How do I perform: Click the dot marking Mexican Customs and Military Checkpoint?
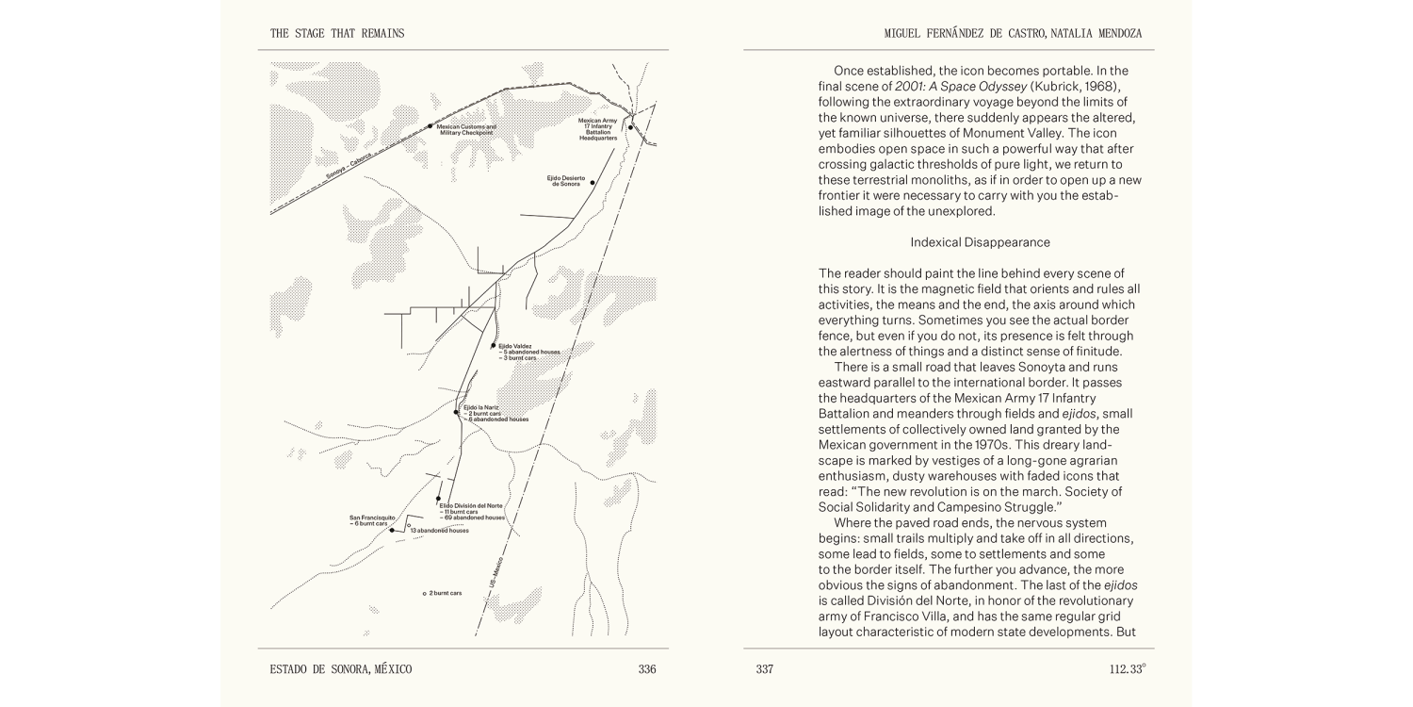click(430, 125)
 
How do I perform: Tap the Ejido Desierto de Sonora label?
click(566, 180)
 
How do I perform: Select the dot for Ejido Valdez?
click(494, 346)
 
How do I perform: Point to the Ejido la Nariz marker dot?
click(456, 412)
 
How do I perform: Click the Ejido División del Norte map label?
click(471, 506)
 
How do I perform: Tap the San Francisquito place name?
click(371, 518)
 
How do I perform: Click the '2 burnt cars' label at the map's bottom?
click(445, 593)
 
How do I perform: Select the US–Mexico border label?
click(496, 572)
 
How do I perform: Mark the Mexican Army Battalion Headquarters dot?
click(631, 127)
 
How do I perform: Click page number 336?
click(646, 669)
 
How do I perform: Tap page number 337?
click(764, 669)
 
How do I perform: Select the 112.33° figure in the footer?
click(1127, 669)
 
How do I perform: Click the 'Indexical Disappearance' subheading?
click(966, 243)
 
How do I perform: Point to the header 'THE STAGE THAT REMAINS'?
click(337, 34)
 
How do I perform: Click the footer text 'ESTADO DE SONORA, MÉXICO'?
click(340, 669)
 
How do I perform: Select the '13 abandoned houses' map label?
click(439, 531)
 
